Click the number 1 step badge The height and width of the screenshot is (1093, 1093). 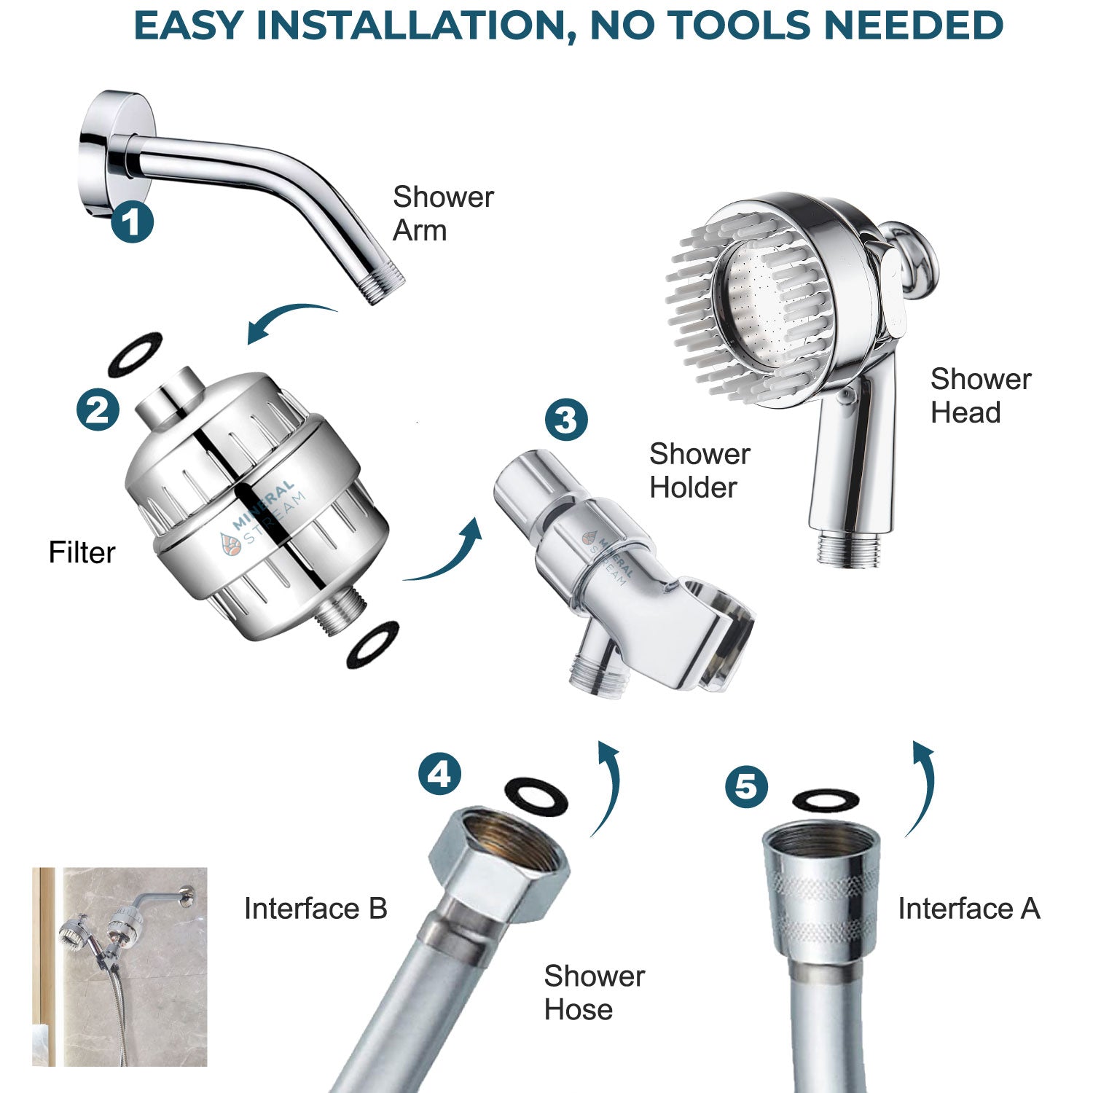pos(132,222)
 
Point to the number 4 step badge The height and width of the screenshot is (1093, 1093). pos(439,774)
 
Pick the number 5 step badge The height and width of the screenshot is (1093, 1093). pos(746,786)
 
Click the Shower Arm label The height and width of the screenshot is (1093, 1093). pos(442,213)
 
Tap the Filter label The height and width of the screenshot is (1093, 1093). pos(82,552)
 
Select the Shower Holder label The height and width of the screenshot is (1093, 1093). pos(699,470)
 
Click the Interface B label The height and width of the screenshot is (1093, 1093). pos(315,909)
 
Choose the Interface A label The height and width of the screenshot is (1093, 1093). pos(968,909)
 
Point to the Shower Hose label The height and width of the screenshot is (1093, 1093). pos(594,992)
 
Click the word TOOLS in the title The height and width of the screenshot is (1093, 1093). pos(700,26)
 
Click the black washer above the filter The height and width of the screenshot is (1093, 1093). pos(135,354)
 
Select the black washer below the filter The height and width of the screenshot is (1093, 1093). pos(373,644)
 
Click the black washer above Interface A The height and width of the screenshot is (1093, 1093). pos(825,799)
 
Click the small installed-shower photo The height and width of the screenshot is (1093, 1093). pos(120,966)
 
